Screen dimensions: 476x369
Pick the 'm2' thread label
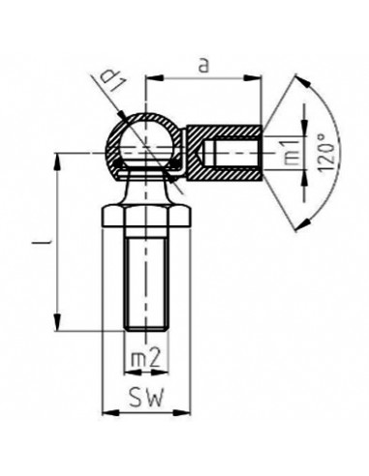pyautogui.click(x=144, y=359)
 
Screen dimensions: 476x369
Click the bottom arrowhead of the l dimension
pyautogui.click(x=61, y=325)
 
